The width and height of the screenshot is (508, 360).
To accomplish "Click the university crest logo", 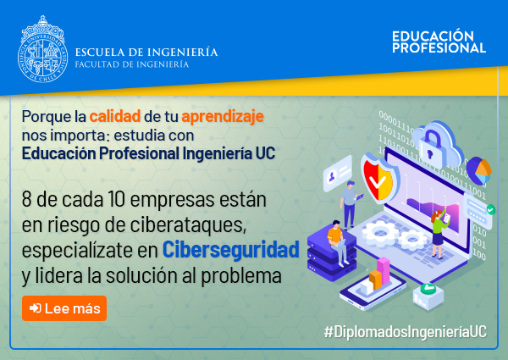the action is tap(43, 48).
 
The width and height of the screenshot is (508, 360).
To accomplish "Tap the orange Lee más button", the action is tap(64, 308).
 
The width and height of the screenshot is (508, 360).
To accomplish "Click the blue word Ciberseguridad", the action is tap(230, 250).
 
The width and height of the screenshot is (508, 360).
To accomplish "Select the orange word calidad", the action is tap(115, 116).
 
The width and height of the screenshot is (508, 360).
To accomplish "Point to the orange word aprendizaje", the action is tap(223, 117).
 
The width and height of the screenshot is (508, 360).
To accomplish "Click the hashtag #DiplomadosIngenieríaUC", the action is tap(406, 332).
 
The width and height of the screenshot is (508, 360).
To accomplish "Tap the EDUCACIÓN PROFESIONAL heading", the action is tap(439, 42).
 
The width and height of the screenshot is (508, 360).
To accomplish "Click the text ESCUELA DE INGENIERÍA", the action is tap(146, 52).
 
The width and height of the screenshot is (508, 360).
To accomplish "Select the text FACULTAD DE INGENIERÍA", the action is tap(132, 64).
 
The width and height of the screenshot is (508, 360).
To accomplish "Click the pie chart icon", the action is tap(479, 171).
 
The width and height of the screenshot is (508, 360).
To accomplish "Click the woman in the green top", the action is tap(439, 233).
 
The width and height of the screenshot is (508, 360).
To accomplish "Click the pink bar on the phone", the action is tap(384, 271).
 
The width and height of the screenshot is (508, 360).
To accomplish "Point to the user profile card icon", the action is tap(338, 174).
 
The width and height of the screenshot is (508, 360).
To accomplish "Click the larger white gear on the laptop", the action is tap(379, 233).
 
